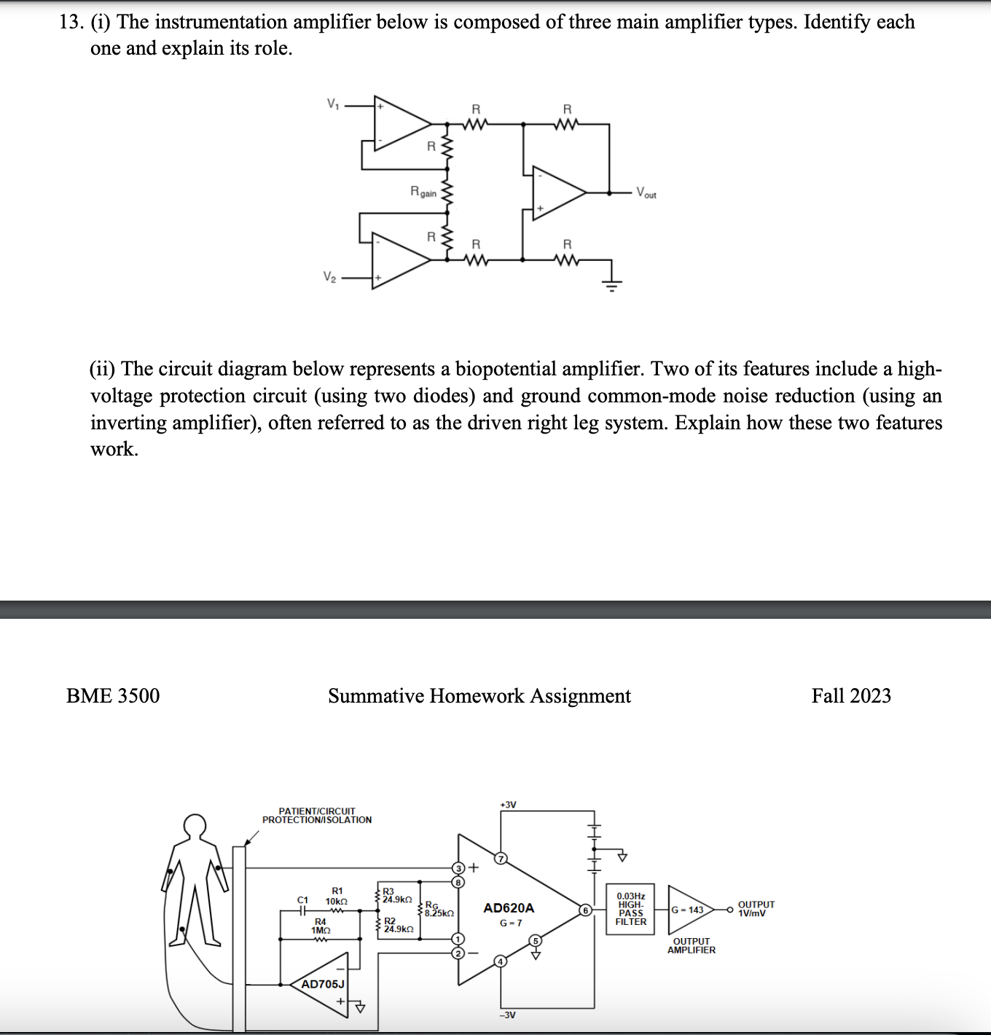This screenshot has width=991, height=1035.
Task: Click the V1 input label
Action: point(332,104)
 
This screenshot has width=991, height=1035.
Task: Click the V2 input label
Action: point(329,277)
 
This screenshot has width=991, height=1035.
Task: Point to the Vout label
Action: point(646,193)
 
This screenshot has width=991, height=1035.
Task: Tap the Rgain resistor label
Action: point(423,192)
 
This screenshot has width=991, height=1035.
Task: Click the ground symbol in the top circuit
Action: point(612,284)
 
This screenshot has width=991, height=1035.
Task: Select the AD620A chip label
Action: point(509,908)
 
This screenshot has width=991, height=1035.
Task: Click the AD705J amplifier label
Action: point(322,984)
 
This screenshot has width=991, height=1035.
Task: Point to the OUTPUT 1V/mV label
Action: point(756,909)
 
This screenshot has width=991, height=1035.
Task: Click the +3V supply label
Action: point(508,805)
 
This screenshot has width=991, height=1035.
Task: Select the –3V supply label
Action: point(507,1015)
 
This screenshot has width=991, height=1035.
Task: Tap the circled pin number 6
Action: point(584,910)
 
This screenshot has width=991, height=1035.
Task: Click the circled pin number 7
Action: point(501,858)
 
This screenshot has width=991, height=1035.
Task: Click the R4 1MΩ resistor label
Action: point(321,926)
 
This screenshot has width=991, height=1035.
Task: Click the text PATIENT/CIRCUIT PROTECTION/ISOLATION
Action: point(317,816)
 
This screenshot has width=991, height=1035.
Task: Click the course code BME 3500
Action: point(113,696)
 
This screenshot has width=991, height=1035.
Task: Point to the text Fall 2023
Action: point(851,696)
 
